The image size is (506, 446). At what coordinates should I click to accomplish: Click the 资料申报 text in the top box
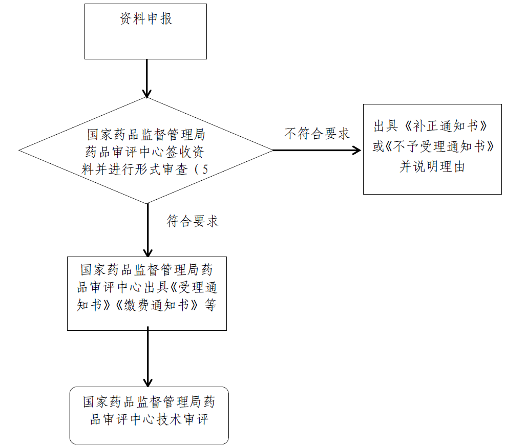146,19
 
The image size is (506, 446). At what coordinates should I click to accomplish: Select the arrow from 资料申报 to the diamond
147,78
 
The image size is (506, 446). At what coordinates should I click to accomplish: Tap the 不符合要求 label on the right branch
317,133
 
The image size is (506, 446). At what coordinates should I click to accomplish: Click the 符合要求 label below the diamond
193,221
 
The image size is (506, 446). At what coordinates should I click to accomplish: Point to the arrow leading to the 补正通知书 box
317,150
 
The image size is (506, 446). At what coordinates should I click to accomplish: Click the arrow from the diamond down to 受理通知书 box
148,230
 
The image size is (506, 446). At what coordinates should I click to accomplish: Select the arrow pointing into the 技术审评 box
148,356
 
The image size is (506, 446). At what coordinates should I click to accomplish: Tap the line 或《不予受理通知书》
433,146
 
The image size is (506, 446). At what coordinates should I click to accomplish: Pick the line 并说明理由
432,166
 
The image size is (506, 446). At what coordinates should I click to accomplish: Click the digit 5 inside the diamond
205,169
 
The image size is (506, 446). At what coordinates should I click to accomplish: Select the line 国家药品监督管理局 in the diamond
146,135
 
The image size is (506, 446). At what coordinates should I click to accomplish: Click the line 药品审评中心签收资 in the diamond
144,152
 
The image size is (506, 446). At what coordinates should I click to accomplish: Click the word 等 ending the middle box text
210,305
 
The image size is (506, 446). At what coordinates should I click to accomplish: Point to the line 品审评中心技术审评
149,419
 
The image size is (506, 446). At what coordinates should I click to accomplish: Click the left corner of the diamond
19,150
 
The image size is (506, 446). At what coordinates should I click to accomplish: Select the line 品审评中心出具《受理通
147,287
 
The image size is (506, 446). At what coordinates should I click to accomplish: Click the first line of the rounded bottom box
149,401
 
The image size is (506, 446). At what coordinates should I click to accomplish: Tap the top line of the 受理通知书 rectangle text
146,270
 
